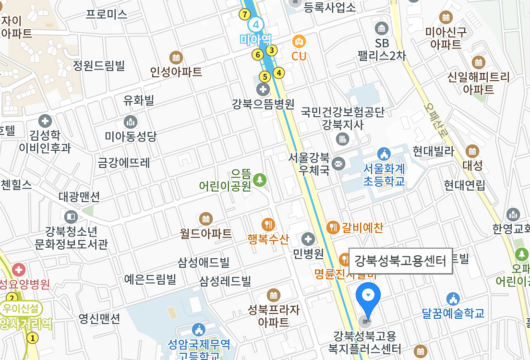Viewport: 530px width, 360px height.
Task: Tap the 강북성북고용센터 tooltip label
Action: (x=400, y=261)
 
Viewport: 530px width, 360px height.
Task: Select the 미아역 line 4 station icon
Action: (x=256, y=24)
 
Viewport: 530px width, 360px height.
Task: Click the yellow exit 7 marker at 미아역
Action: (x=245, y=14)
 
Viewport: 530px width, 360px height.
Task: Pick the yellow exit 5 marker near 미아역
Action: (x=264, y=76)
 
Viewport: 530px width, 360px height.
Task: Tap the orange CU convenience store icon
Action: (x=299, y=41)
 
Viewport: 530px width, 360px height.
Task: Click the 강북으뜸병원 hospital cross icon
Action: (x=263, y=89)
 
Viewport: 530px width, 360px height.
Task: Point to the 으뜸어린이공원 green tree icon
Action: (x=260, y=180)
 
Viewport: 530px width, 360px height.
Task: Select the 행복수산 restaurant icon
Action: (x=268, y=224)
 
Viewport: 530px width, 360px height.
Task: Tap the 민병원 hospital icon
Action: (x=308, y=239)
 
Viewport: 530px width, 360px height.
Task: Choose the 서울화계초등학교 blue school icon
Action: (x=384, y=155)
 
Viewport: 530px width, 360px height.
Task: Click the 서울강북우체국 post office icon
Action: (x=338, y=163)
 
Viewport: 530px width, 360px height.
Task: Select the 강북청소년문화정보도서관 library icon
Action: (x=71, y=217)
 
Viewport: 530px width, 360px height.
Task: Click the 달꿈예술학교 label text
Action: (x=453, y=313)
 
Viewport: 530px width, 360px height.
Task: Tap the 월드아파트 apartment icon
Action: (x=206, y=219)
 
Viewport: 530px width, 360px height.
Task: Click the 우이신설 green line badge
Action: (x=22, y=308)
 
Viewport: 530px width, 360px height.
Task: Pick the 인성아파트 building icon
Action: (x=176, y=58)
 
